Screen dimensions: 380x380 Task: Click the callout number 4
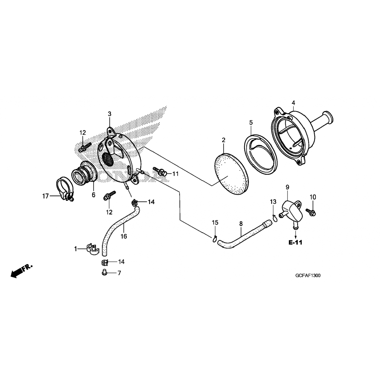(x=293, y=103)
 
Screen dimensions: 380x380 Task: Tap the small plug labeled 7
(x=104, y=273)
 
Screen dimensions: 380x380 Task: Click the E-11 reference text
(x=295, y=242)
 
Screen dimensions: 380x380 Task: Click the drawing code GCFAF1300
(x=308, y=276)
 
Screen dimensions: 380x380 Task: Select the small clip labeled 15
(x=215, y=238)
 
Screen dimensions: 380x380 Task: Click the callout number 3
(x=109, y=114)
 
